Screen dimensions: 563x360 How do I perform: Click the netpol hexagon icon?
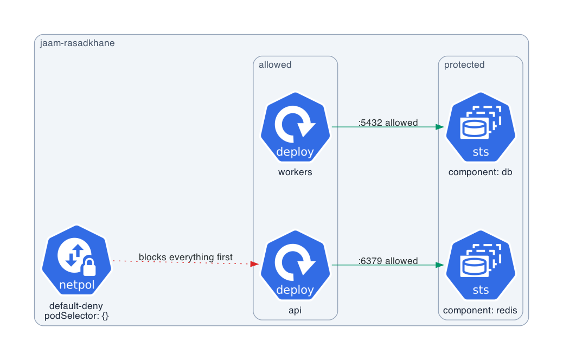tap(76, 260)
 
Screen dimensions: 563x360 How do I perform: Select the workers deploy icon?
tap(295, 127)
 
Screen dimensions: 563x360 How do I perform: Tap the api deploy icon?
tap(295, 265)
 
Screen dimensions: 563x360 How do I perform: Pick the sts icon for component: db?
tap(481, 127)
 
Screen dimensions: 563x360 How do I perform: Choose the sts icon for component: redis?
tap(481, 265)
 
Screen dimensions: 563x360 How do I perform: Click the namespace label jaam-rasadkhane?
tap(77, 43)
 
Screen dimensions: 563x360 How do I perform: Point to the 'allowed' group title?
tap(275, 65)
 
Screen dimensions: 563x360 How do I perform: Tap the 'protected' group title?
tap(464, 65)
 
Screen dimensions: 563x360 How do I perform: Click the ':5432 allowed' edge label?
tap(388, 123)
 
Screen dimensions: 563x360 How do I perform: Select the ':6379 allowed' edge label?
tap(388, 261)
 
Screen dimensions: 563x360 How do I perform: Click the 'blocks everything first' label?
tap(185, 257)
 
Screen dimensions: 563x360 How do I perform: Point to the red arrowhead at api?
tap(254, 264)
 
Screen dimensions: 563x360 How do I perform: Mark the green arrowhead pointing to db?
tap(440, 127)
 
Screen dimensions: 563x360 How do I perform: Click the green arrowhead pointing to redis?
tap(440, 265)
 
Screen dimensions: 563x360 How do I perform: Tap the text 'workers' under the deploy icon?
tap(295, 172)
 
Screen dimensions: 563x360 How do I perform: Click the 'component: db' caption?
tap(481, 172)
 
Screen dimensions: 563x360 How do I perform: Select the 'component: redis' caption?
tap(480, 310)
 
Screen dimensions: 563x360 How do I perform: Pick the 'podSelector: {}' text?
tap(76, 316)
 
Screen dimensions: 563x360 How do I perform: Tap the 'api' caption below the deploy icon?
tap(295, 311)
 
